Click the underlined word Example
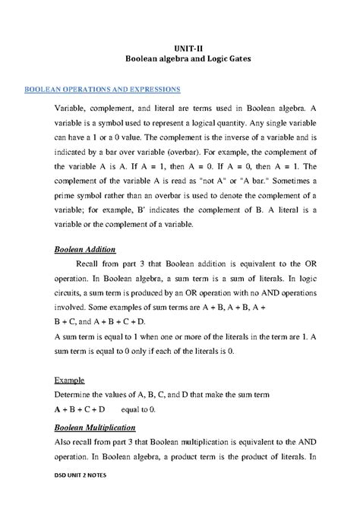click(x=69, y=379)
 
